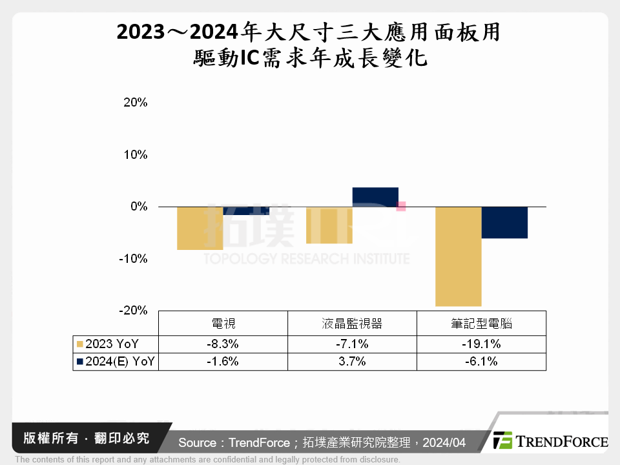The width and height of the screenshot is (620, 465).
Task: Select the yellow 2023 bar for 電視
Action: point(200,228)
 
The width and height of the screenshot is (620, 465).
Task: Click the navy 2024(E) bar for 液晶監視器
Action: point(375,197)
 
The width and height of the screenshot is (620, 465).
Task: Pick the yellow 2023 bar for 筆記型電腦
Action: point(458,256)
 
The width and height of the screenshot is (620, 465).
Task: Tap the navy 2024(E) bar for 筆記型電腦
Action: point(504,223)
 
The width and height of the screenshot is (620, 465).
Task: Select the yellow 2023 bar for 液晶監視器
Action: point(329,225)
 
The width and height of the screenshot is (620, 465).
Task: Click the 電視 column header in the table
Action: point(223,324)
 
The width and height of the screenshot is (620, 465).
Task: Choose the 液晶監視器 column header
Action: point(352,324)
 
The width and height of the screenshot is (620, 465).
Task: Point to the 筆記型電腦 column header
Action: point(481,324)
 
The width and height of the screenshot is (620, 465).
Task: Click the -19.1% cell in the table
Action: point(481,344)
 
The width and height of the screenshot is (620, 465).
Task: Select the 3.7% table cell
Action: point(352,362)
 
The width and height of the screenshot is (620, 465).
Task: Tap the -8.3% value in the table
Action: point(223,344)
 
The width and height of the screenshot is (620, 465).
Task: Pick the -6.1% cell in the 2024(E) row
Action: point(481,362)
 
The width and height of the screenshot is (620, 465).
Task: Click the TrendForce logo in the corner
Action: point(550,441)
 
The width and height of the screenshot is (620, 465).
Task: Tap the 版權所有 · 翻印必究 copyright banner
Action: point(85,439)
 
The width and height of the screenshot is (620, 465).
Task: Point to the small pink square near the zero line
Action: point(401,206)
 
